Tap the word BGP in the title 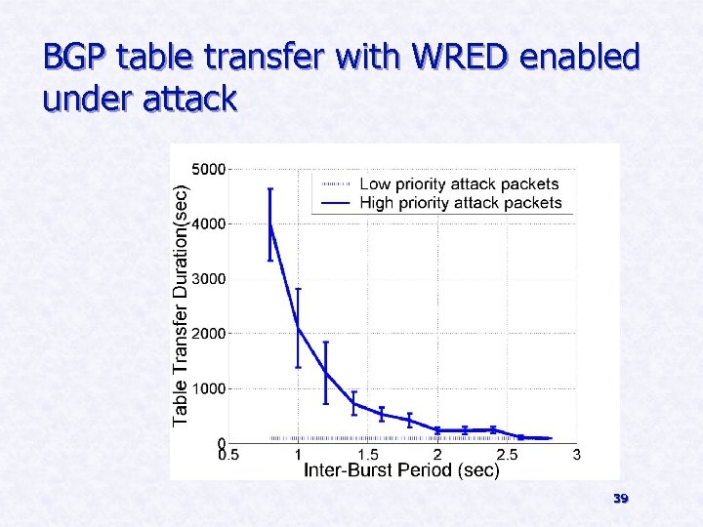(75, 59)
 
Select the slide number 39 (620, 499)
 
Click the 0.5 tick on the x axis (227, 455)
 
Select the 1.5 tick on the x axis (367, 455)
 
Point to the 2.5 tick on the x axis (507, 455)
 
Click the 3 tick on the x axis (577, 455)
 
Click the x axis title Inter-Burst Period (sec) (402, 470)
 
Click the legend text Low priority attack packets (459, 183)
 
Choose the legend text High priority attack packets (461, 203)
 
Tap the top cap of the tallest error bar (270, 188)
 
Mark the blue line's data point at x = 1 (298, 328)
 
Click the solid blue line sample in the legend (334, 203)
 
